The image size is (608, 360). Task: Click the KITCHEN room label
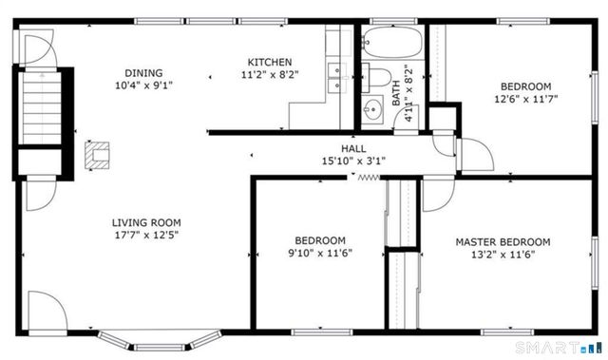[263, 62]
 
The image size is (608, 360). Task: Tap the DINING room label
[143, 72]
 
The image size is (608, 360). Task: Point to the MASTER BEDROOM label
[502, 241]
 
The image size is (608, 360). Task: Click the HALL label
[353, 149]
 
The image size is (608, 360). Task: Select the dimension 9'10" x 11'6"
[319, 253]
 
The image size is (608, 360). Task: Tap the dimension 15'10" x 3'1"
[353, 161]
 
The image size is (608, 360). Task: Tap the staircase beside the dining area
[39, 109]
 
